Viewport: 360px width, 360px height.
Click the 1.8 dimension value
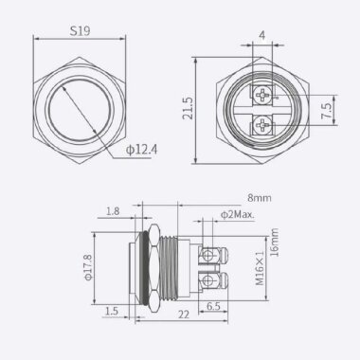pos(114,213)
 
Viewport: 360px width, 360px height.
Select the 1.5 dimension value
pos(113,310)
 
